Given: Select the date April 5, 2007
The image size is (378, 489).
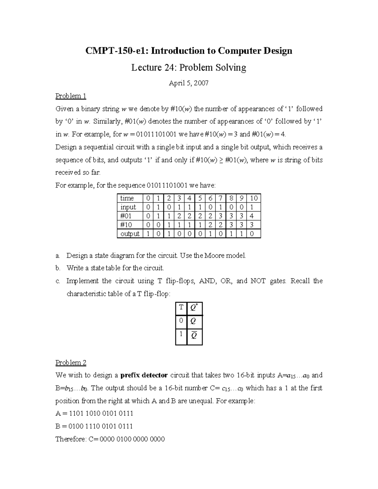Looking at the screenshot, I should [x=189, y=83].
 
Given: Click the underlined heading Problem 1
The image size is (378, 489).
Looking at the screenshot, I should [x=71, y=96].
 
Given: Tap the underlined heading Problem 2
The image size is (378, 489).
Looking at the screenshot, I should [x=71, y=363].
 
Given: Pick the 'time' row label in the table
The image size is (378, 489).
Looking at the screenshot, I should [x=127, y=198].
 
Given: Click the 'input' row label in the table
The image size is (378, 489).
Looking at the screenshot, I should [x=128, y=207].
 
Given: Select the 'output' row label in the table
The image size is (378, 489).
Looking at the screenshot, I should [x=130, y=234].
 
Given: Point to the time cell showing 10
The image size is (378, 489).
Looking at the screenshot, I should [x=254, y=198].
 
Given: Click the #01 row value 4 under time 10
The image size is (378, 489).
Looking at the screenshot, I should [x=252, y=216].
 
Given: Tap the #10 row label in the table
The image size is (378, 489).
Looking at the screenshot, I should [x=126, y=225].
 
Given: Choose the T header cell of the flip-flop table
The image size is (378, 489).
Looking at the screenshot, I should [x=181, y=308].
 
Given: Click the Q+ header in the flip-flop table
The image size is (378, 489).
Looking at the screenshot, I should [x=194, y=308].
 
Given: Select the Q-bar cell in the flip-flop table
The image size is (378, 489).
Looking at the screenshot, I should [x=194, y=336].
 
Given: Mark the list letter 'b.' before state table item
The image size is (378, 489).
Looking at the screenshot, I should [x=58, y=268].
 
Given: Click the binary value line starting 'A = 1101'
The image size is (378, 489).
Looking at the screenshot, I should [x=94, y=413].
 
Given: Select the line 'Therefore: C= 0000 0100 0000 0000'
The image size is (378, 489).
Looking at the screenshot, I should [x=110, y=439].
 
